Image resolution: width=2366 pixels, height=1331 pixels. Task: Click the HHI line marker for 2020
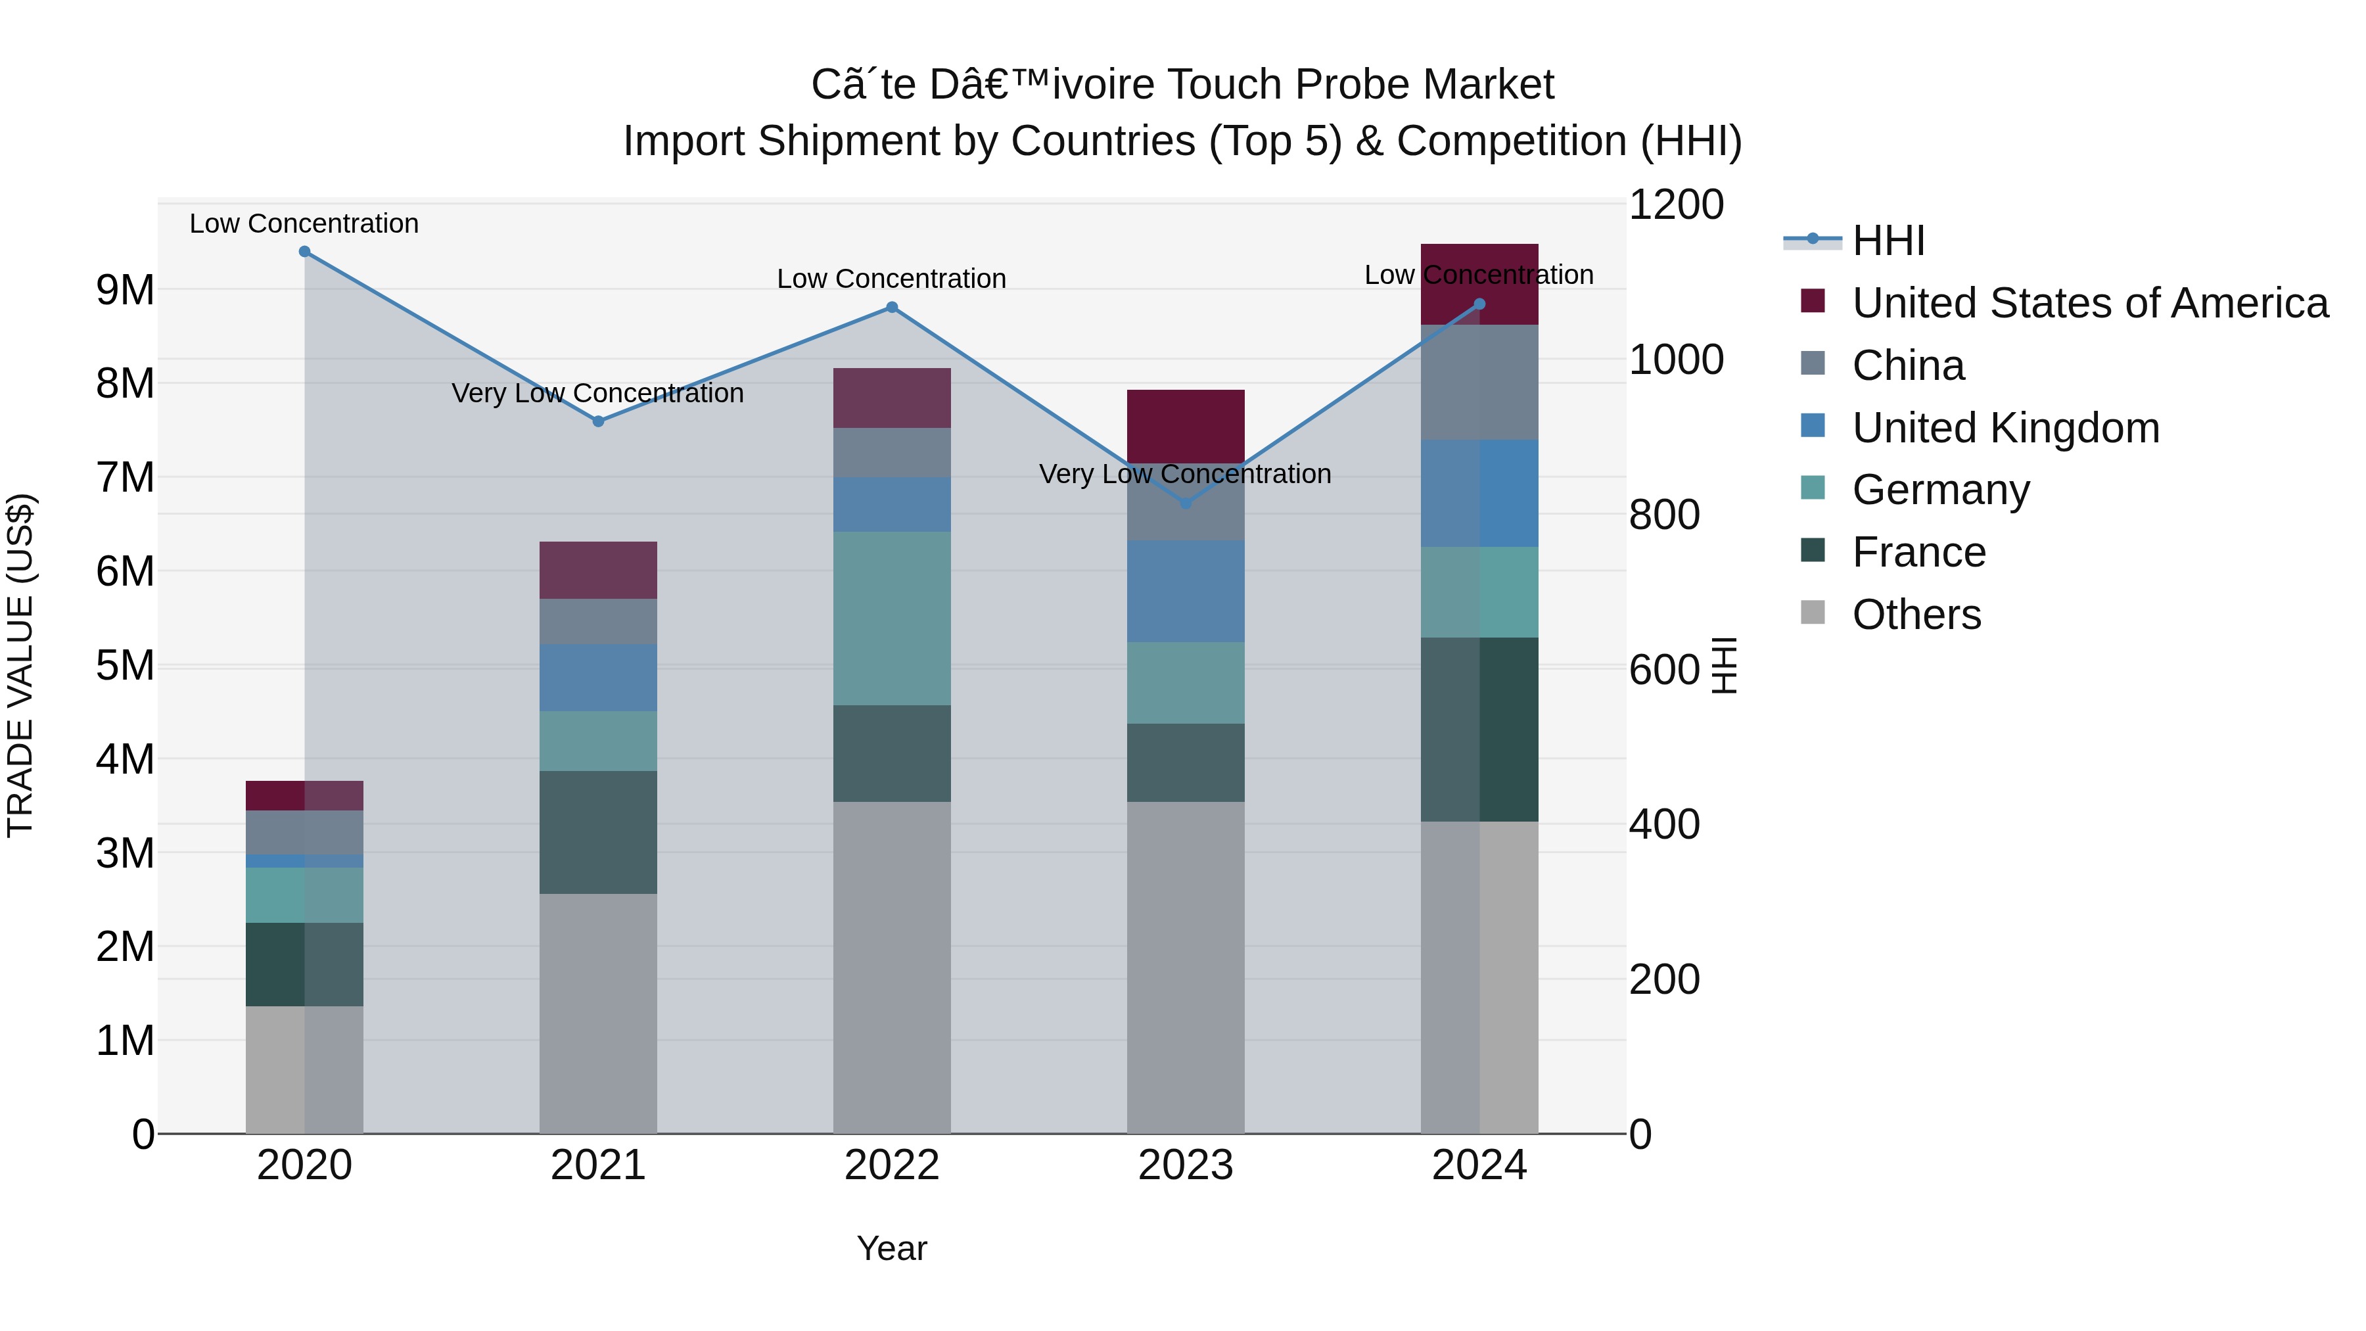tap(305, 252)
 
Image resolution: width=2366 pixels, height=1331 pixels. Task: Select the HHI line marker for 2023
tap(1186, 503)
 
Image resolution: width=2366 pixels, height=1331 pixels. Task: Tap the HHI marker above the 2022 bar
tap(892, 308)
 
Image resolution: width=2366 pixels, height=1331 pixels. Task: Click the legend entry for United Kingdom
tap(2005, 428)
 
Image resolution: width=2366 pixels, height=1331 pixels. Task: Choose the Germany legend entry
tap(1940, 490)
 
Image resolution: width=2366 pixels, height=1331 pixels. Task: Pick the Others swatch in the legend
tap(1813, 613)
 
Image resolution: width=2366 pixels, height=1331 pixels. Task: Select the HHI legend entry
tap(1888, 241)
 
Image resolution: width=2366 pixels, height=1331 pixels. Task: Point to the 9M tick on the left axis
tap(125, 291)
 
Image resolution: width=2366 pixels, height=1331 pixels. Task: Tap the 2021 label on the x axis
tap(598, 1165)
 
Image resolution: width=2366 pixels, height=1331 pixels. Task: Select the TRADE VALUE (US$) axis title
tap(20, 665)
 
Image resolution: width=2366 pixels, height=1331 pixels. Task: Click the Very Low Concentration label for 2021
tap(598, 393)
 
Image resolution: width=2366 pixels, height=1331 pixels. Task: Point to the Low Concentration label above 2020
tap(304, 223)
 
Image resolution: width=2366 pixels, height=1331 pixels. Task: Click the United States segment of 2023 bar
tap(1186, 425)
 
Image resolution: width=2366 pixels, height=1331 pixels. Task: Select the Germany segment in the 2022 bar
tap(892, 619)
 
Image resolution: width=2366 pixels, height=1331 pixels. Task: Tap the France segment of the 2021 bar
tap(598, 832)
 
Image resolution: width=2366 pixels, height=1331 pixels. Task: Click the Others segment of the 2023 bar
tap(1186, 968)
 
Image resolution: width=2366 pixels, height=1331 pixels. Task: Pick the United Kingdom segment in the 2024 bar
tap(1479, 493)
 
